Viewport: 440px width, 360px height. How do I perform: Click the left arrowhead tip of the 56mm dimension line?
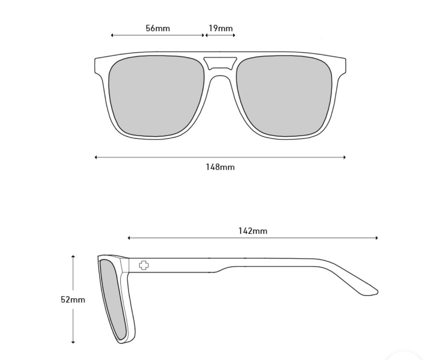tap(111, 35)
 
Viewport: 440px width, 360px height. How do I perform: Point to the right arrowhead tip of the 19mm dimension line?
tap(235, 35)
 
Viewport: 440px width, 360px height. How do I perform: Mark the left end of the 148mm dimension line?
tap(95, 157)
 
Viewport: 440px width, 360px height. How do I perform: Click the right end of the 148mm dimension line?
tap(346, 157)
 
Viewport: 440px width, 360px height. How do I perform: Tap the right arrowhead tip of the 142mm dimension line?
tap(378, 238)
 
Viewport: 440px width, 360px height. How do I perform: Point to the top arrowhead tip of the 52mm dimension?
tap(73, 255)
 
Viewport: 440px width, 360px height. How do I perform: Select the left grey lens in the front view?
tap(156, 96)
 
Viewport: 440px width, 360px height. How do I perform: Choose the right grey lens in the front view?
tap(284, 96)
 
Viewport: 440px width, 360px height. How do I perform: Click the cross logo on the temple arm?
tap(144, 265)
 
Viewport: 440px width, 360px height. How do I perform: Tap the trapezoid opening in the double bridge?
tap(220, 63)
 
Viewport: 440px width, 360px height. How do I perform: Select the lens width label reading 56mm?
tap(158, 28)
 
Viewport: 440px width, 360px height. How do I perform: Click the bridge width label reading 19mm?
tap(221, 28)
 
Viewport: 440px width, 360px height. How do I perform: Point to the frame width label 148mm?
tap(220, 167)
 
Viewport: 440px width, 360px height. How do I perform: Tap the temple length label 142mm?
tap(253, 231)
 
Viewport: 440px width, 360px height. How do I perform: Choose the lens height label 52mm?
tap(73, 300)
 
